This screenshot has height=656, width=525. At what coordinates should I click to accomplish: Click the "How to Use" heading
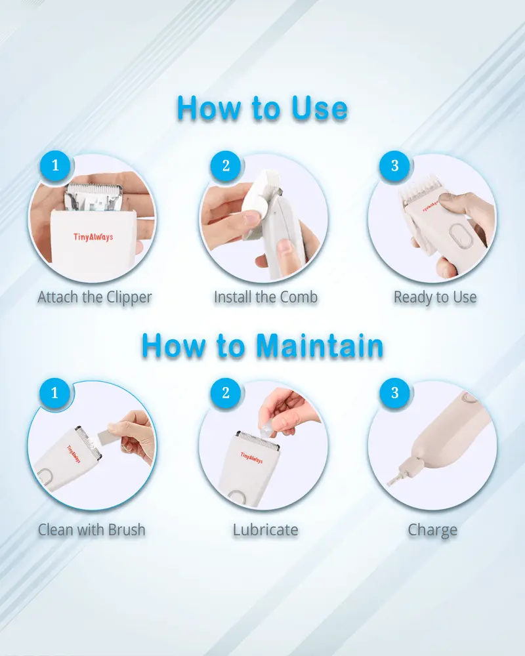[x=262, y=108]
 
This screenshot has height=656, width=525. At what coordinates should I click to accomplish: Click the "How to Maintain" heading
[x=262, y=345]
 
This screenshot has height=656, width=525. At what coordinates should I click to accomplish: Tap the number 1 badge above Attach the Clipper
[x=54, y=165]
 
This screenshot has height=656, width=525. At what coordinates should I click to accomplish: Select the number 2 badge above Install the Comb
[x=226, y=165]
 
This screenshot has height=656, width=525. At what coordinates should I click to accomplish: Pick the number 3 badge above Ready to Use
[x=394, y=165]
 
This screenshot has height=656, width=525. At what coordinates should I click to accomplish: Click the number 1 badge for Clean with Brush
[x=54, y=393]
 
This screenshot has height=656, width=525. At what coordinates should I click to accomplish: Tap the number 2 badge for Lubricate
[x=226, y=393]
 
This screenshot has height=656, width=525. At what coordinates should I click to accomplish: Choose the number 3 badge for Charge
[x=394, y=393]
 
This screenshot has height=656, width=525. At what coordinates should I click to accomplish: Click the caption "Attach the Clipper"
[x=94, y=297]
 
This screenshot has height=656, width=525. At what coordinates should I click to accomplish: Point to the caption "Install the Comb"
[x=265, y=297]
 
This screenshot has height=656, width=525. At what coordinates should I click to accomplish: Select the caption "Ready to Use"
[x=434, y=297]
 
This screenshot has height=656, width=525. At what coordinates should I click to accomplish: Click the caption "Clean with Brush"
[x=91, y=529]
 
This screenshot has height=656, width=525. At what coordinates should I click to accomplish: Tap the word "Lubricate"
[x=265, y=529]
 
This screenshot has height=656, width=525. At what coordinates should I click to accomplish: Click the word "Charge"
[x=432, y=529]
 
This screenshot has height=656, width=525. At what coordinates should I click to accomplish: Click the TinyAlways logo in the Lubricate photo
[x=251, y=457]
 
